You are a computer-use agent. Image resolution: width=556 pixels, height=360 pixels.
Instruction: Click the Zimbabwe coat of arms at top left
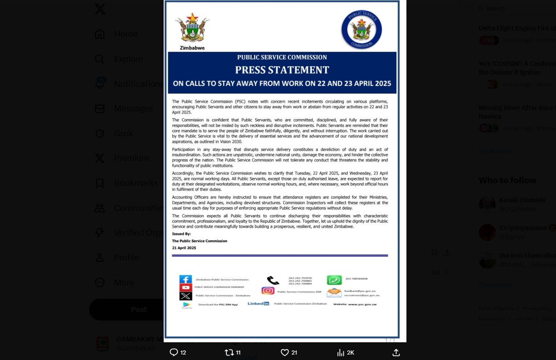[192, 28]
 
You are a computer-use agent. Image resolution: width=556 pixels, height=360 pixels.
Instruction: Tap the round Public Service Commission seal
[361, 30]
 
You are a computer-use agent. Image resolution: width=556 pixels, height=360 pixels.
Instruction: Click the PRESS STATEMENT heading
[282, 70]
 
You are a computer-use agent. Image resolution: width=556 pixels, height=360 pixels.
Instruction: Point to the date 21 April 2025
[184, 248]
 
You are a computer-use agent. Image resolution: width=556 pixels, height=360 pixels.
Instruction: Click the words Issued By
[181, 234]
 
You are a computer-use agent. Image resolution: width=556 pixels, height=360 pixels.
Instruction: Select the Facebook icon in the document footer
[185, 279]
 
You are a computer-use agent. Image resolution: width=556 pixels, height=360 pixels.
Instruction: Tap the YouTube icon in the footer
[185, 287]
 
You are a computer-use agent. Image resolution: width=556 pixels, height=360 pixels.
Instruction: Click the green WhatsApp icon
[334, 280]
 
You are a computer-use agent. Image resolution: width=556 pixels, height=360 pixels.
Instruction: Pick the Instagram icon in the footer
[268, 291]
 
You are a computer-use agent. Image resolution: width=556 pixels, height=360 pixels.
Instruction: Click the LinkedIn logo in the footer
[258, 303]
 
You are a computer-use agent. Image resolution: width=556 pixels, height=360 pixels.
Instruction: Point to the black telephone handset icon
[273, 280]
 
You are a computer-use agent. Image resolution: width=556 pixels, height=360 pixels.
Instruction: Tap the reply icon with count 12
[174, 352]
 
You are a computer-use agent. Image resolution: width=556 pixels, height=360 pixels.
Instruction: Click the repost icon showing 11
[229, 352]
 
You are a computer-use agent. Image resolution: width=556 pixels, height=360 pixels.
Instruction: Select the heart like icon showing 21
[285, 352]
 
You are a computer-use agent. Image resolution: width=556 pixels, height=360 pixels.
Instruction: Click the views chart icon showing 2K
[341, 352]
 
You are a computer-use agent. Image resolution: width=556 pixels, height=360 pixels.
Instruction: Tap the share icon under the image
[396, 352]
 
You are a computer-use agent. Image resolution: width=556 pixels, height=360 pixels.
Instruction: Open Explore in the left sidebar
[128, 59]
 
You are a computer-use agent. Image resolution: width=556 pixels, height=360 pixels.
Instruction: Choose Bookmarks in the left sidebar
[135, 183]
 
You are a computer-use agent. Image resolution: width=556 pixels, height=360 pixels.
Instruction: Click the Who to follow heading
[507, 180]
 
